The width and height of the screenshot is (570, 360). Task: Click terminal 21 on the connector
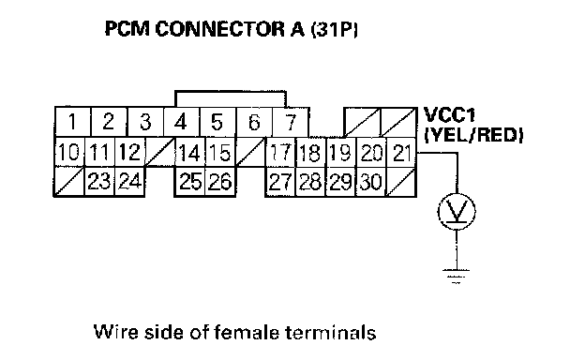click(401, 153)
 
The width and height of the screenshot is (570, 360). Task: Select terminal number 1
click(73, 122)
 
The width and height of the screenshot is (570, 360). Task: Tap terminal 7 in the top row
click(291, 122)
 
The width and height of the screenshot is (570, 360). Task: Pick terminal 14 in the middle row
click(190, 153)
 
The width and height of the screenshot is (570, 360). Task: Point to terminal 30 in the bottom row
click(371, 182)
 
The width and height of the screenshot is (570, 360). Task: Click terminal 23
click(99, 182)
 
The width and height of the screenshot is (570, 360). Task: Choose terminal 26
click(220, 182)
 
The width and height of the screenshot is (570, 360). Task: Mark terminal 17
click(280, 153)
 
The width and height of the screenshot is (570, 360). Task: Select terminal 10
click(69, 153)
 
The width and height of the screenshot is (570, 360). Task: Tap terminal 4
click(182, 122)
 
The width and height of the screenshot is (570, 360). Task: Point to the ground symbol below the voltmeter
click(457, 277)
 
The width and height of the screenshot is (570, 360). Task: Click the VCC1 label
click(450, 115)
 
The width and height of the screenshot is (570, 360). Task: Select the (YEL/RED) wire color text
click(473, 135)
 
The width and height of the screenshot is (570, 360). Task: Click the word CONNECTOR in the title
click(220, 29)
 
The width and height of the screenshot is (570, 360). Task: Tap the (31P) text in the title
click(335, 29)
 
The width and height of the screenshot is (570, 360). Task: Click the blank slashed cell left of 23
click(69, 182)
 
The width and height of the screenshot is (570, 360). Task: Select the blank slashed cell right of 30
click(401, 182)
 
